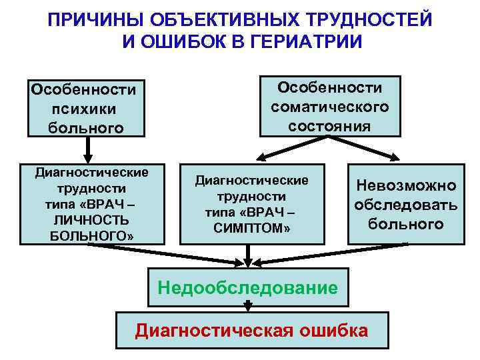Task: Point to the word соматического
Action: click(330, 107)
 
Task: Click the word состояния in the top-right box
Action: click(330, 126)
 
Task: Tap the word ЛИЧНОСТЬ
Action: click(87, 219)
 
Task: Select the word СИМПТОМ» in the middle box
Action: click(252, 229)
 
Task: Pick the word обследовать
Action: click(405, 205)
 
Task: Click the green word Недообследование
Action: click(247, 287)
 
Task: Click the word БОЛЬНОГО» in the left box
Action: click(87, 235)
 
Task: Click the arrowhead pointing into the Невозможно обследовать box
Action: click(393, 159)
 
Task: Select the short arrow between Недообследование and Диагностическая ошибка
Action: click(248, 306)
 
